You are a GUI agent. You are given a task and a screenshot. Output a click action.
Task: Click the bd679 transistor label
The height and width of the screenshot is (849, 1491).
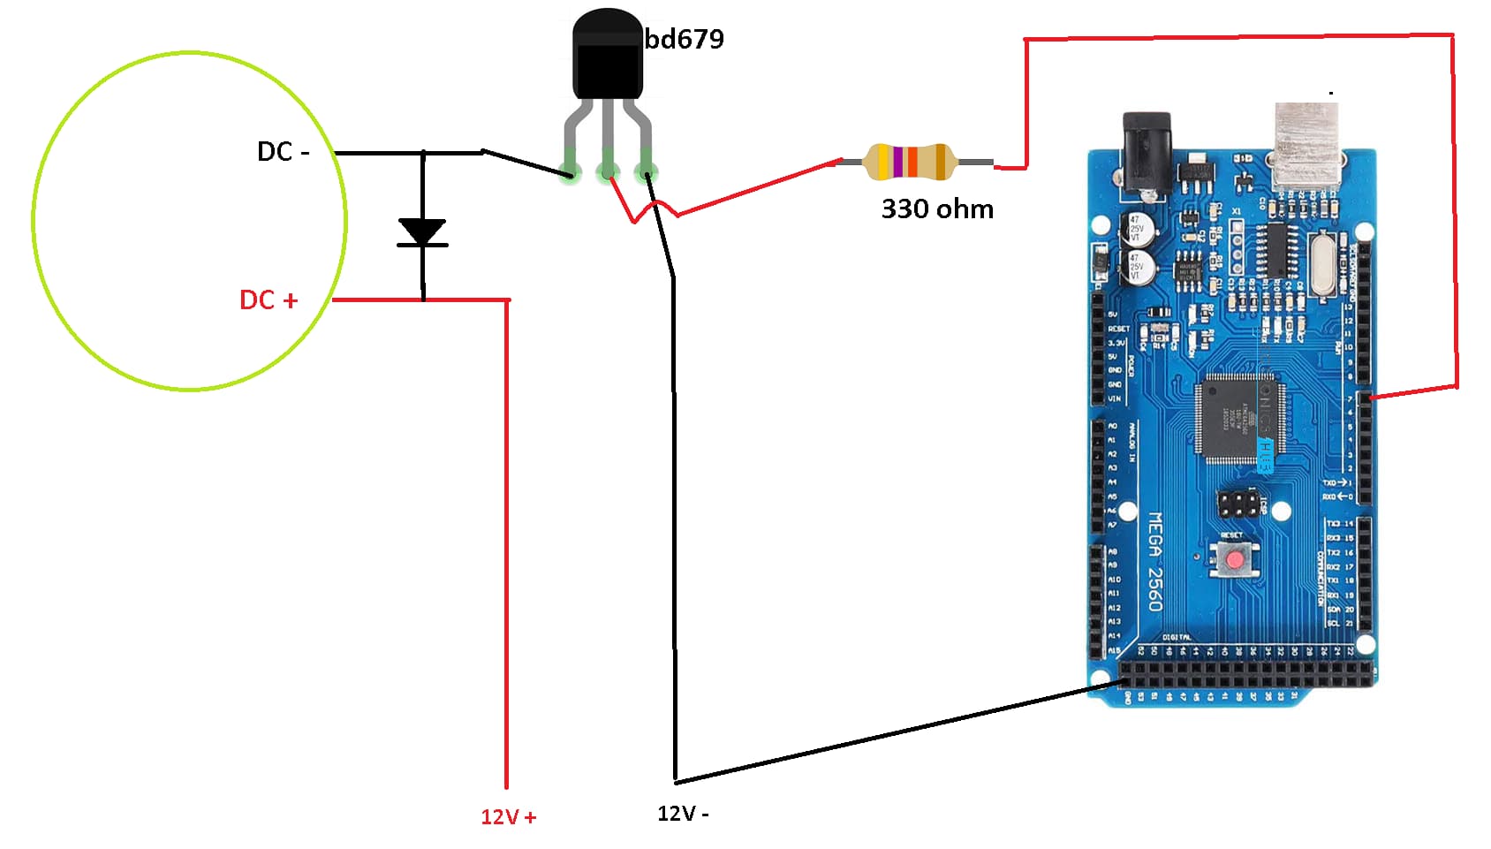click(685, 39)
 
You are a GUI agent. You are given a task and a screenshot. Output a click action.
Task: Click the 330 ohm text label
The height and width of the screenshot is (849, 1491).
click(937, 209)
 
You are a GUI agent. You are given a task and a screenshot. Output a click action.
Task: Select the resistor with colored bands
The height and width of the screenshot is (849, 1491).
click(909, 162)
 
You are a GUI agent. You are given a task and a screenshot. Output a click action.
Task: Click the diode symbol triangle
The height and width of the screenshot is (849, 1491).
click(422, 231)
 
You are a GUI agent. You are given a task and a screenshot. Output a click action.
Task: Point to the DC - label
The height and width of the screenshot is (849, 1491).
click(283, 152)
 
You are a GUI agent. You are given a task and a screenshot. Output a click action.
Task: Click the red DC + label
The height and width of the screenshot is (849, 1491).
click(269, 300)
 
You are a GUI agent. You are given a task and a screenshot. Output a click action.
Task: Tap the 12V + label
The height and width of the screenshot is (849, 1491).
click(508, 817)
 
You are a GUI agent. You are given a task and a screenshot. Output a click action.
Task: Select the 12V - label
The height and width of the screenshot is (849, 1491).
click(683, 814)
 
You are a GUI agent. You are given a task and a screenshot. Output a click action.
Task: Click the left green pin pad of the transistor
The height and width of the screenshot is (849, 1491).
click(571, 171)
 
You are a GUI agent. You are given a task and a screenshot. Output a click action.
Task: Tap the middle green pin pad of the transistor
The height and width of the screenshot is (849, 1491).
click(608, 171)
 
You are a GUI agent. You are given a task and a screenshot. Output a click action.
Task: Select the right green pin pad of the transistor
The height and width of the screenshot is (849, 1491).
click(646, 171)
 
